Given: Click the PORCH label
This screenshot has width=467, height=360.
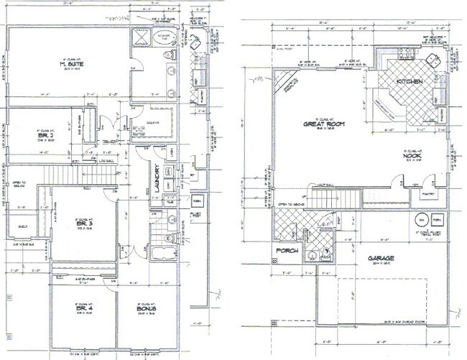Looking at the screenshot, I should (286, 251).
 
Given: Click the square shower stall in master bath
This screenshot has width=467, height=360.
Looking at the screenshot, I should (141, 38).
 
